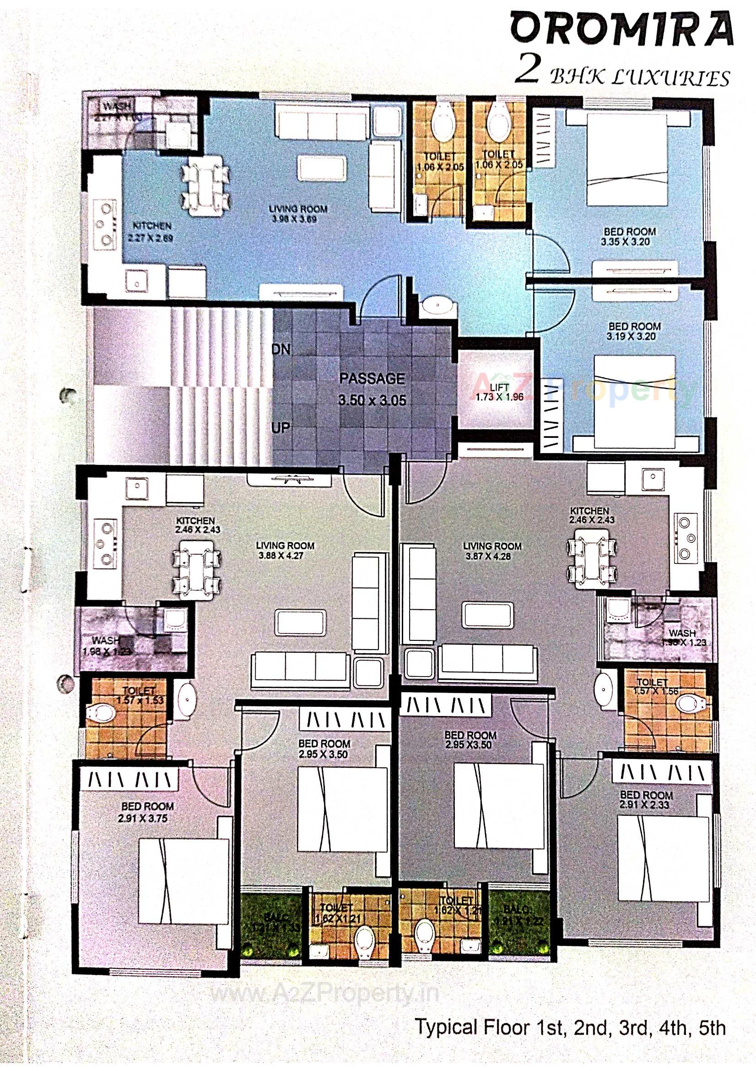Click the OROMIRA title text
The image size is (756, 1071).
pyautogui.click(x=621, y=31)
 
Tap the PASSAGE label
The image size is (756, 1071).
pyautogui.click(x=372, y=378)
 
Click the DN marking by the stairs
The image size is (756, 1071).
pyautogui.click(x=281, y=349)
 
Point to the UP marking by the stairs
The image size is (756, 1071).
pyautogui.click(x=280, y=427)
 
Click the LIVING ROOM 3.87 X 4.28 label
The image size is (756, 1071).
pyautogui.click(x=492, y=551)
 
